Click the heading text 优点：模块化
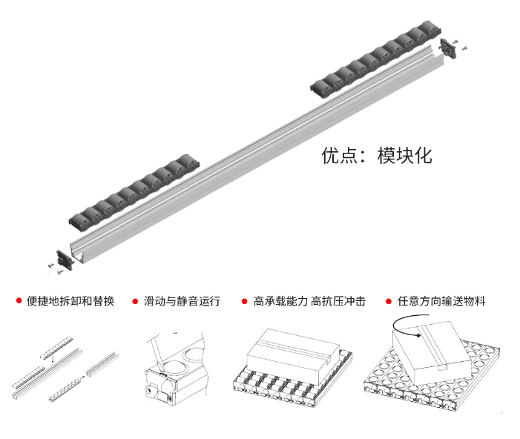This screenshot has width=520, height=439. [376, 156]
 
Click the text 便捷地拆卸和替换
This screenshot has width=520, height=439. [70, 302]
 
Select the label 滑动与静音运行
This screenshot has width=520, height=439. [182, 302]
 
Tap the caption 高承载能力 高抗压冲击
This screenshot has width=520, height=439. [309, 302]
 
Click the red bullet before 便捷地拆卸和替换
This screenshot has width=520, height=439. [19, 302]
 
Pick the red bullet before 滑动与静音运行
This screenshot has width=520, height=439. [135, 302]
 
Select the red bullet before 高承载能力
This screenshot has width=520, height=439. [245, 302]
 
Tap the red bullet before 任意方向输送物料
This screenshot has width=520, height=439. [389, 302]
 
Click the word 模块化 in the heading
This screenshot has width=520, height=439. [404, 156]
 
